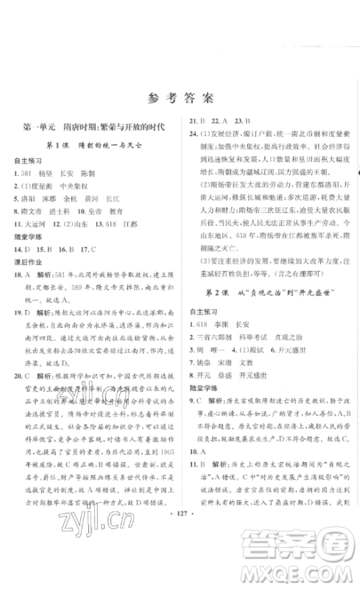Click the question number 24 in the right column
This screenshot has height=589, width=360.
click(193, 135)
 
